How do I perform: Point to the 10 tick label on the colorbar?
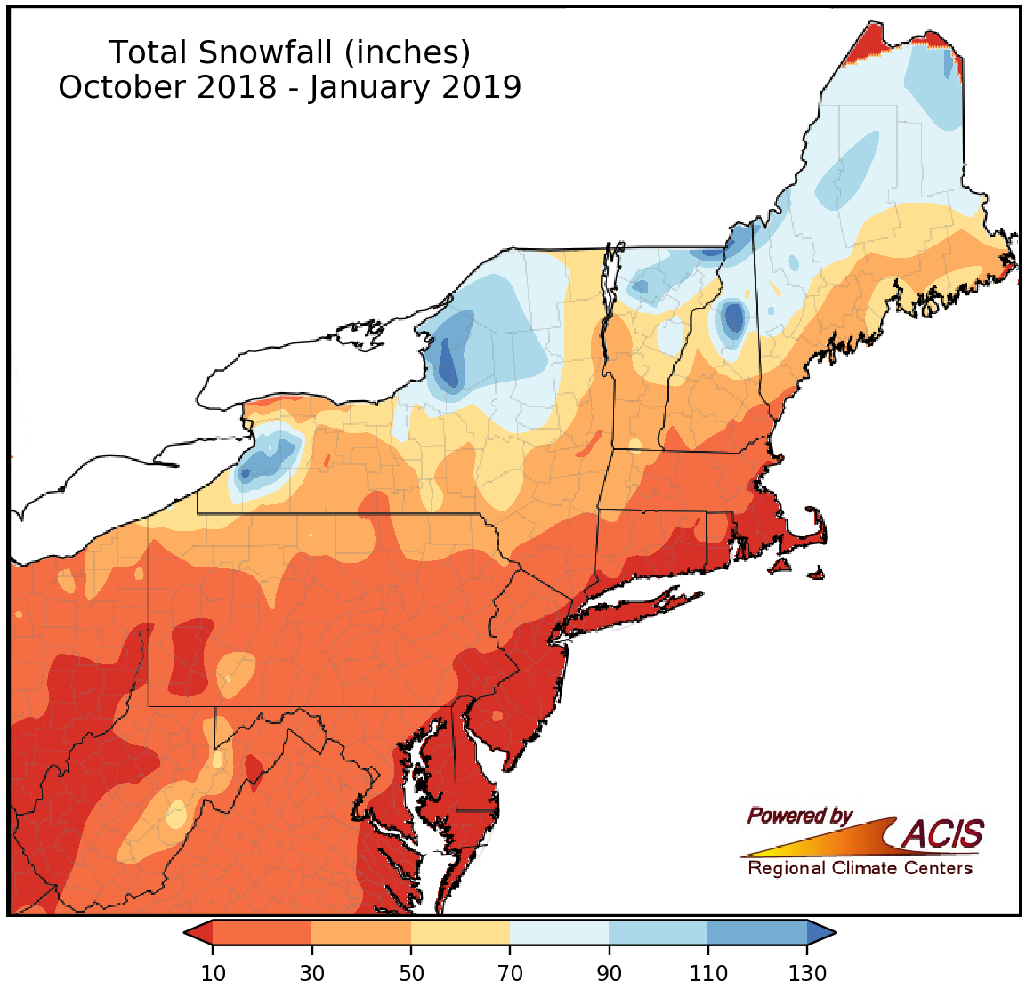(213, 972)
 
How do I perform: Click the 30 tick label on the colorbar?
(311, 972)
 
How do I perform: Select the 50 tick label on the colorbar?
(410, 972)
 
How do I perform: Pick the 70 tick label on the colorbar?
(510, 972)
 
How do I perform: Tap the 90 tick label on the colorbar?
(609, 972)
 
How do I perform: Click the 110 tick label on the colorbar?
(707, 972)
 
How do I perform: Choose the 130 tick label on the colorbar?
(807, 972)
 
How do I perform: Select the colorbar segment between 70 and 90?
(559, 932)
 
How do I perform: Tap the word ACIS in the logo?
(943, 834)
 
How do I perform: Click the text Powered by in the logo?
(799, 816)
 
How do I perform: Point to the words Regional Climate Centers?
(860, 868)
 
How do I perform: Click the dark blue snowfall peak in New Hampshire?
(733, 318)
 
